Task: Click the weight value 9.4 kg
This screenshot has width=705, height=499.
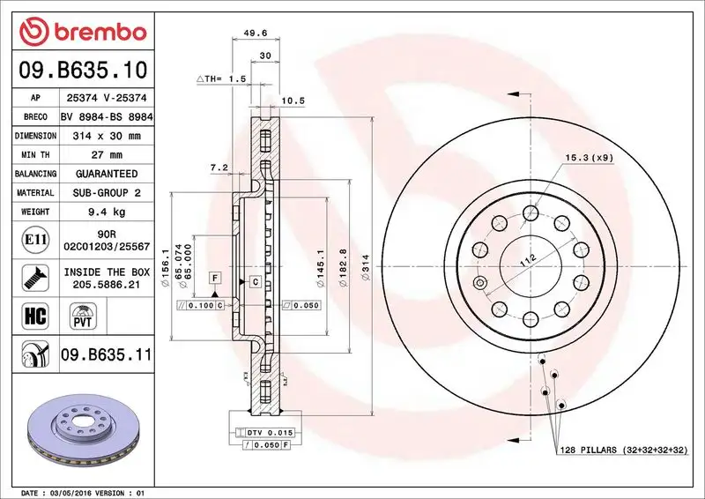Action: coord(107,212)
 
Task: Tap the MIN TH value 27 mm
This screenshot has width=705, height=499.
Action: coord(107,155)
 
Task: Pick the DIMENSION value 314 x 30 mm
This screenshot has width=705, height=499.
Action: coord(107,136)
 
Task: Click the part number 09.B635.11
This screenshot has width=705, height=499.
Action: coord(107,356)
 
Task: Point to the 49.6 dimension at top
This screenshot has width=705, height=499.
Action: coord(255,34)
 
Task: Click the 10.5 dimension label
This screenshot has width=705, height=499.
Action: coord(293,101)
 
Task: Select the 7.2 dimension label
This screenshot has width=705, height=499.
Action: coord(219,167)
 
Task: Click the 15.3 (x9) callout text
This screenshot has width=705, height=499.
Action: coord(589,158)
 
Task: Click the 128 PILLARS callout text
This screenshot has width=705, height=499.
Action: coord(622,451)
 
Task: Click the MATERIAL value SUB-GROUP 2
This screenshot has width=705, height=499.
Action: coord(107,192)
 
